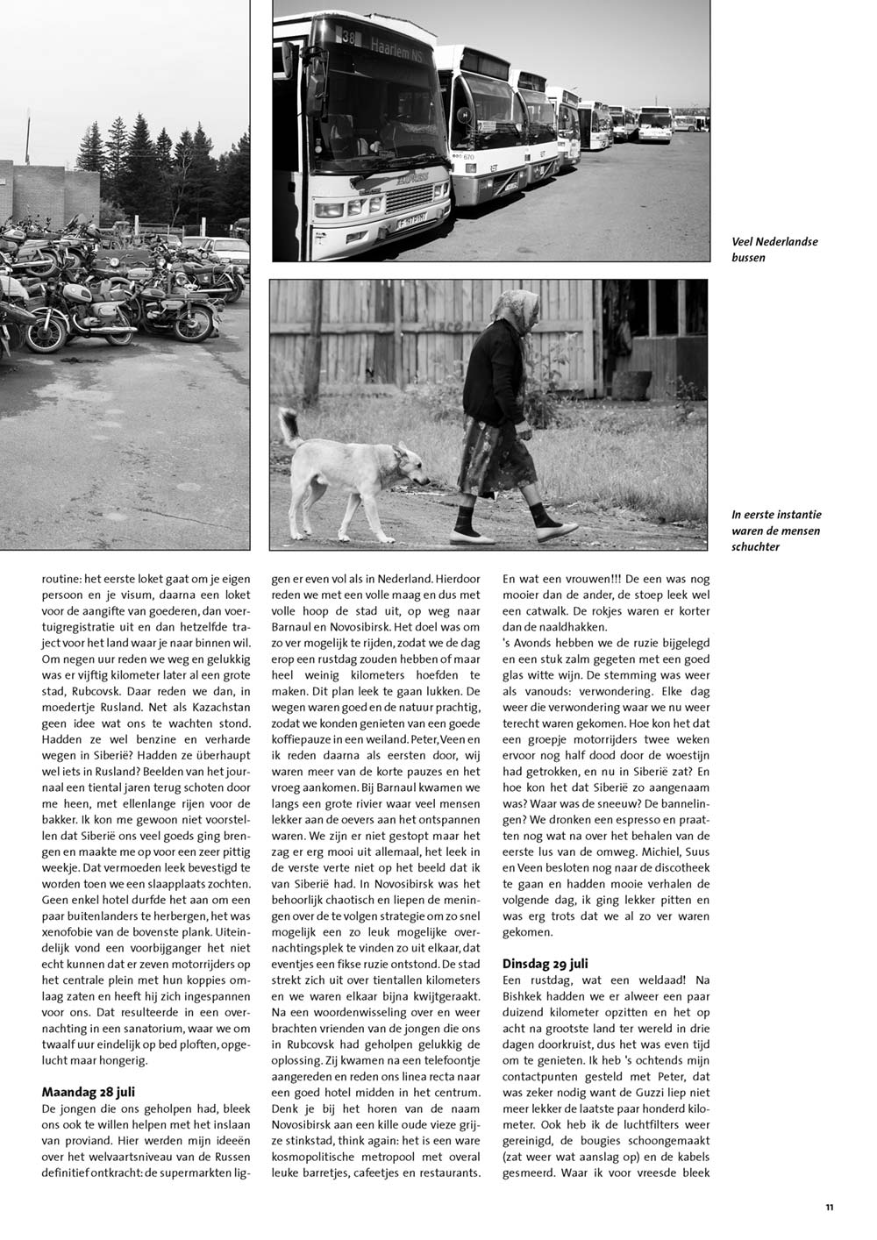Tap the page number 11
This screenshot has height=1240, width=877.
click(829, 1208)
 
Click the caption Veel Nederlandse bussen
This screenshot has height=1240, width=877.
click(774, 249)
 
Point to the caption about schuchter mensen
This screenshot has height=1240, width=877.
click(776, 531)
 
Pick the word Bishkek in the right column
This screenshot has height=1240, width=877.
click(525, 997)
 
